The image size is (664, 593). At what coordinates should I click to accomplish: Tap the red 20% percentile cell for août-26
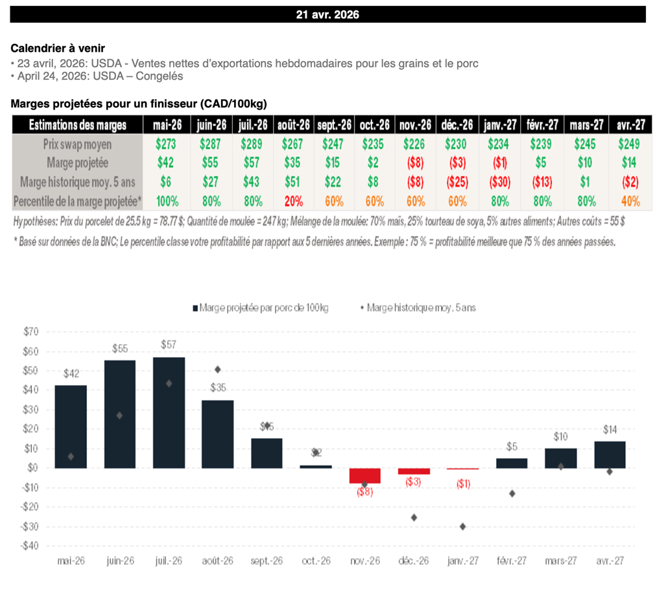[x=292, y=201]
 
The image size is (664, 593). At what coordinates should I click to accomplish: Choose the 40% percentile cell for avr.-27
[x=630, y=201]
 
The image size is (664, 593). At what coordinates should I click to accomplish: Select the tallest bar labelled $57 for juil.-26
[x=169, y=412]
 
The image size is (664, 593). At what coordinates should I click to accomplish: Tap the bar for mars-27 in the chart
[x=560, y=458]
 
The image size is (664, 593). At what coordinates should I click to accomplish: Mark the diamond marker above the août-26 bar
[x=218, y=369]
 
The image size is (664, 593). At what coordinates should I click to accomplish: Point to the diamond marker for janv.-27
[x=463, y=526]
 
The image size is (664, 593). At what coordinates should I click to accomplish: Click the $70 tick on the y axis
[x=30, y=332]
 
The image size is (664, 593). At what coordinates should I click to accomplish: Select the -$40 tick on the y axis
[x=29, y=546]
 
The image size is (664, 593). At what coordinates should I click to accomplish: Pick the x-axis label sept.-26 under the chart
[x=267, y=561]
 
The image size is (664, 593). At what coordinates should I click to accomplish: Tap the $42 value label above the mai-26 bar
[x=71, y=374]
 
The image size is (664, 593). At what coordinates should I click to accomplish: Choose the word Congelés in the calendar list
[x=165, y=76]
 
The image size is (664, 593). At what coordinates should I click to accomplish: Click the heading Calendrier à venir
[x=58, y=48]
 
